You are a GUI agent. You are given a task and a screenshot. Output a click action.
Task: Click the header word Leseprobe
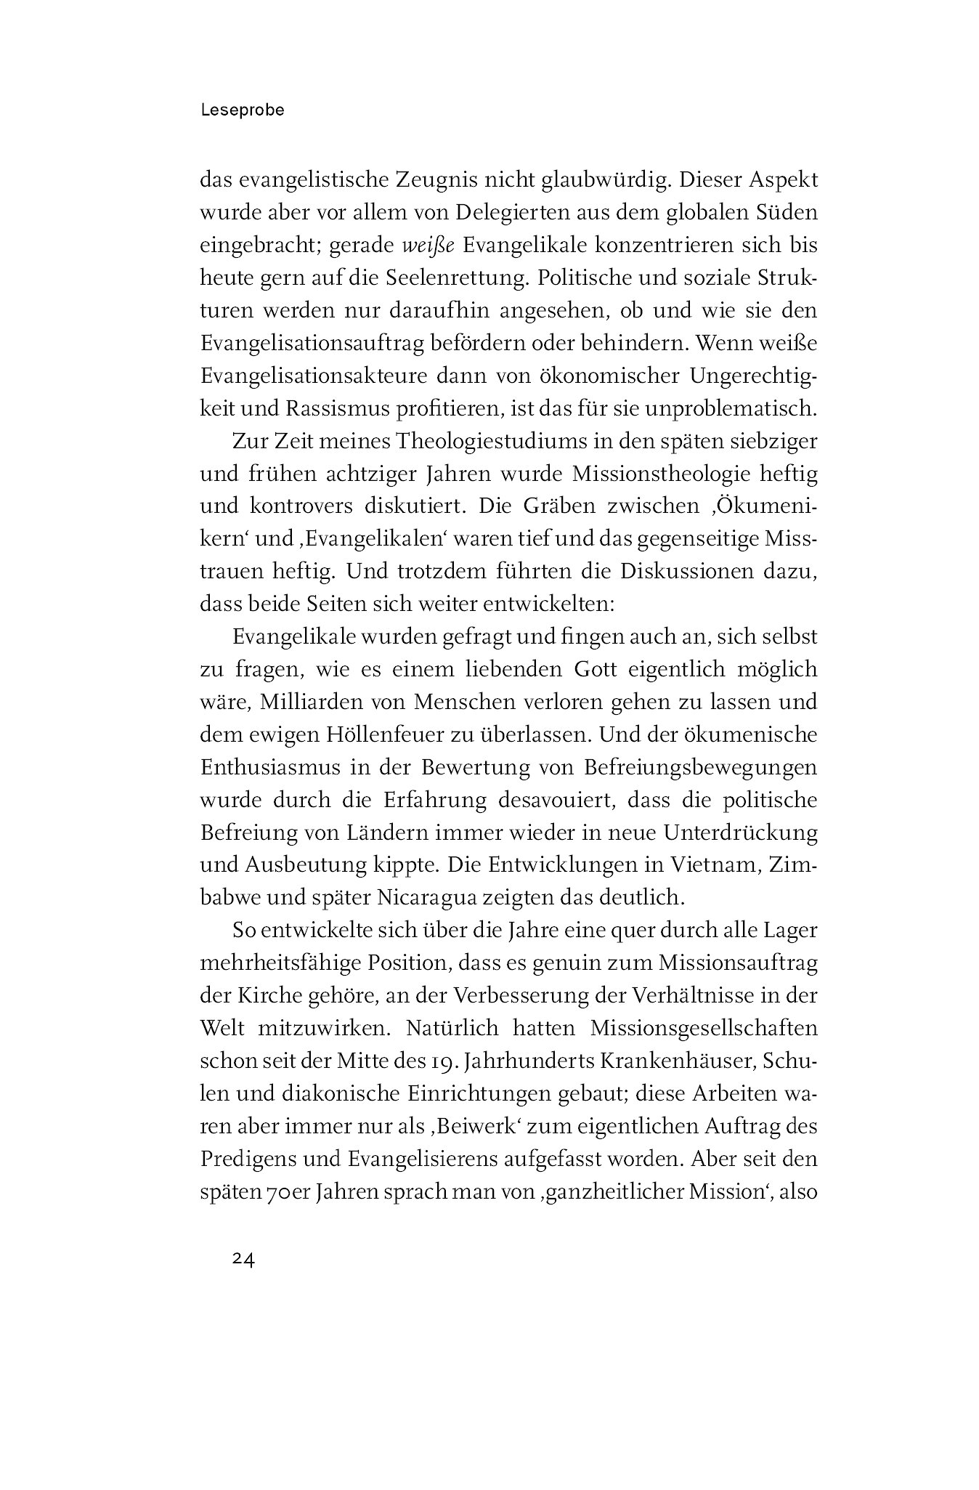coord(242,111)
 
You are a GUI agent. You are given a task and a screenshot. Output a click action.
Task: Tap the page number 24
coord(243,1260)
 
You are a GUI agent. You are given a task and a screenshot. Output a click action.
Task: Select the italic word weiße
coord(428,246)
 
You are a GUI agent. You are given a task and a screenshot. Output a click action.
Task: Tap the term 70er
coord(284,1191)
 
